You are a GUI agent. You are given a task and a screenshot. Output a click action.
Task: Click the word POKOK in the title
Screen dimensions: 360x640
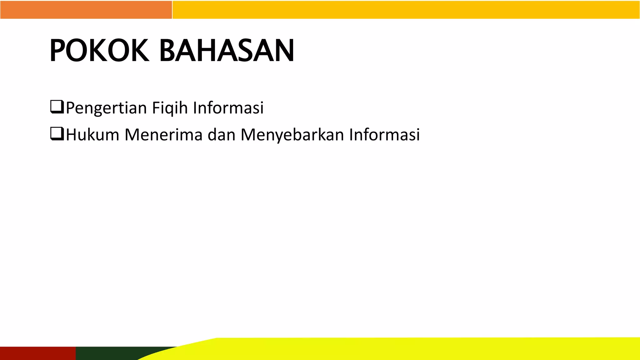pos(99,51)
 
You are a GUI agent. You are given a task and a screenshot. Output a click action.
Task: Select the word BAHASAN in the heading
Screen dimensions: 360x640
pos(227,51)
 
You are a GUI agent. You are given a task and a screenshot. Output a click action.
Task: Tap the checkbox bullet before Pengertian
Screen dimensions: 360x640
pos(57,107)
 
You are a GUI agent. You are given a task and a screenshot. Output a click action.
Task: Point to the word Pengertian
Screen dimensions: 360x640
pos(106,108)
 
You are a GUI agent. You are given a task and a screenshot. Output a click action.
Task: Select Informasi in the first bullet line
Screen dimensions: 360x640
pos(228,108)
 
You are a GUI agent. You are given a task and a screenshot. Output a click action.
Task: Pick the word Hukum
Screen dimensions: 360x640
pos(92,135)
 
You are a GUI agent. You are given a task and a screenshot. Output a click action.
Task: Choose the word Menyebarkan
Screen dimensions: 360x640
pos(292,135)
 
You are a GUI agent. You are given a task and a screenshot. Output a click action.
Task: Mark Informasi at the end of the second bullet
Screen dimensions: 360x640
pos(384,135)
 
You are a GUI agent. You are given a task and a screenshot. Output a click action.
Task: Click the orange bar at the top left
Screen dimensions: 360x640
pos(86,10)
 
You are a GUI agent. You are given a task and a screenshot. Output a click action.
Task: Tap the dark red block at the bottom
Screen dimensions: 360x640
pos(37,353)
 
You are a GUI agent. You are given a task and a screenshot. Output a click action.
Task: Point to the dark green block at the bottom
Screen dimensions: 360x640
pos(119,353)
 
